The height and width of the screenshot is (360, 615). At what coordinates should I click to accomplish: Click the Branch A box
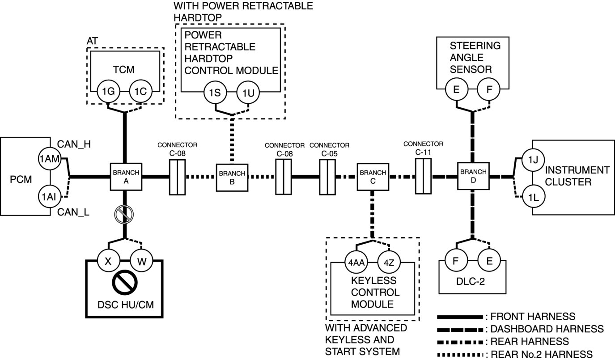click(126, 177)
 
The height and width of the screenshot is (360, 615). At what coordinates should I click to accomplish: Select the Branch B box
click(232, 178)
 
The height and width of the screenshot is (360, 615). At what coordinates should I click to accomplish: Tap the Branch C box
click(373, 177)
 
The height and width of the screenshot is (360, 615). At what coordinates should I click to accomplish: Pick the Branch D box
click(473, 176)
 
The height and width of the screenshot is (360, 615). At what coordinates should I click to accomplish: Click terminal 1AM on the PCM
click(49, 159)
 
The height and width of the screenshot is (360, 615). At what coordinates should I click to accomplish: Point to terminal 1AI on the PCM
click(49, 197)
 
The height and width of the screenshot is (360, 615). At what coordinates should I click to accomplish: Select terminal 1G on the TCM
click(108, 91)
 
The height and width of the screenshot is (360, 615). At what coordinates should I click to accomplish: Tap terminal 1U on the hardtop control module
click(248, 93)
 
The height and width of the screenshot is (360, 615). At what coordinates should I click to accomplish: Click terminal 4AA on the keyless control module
click(356, 263)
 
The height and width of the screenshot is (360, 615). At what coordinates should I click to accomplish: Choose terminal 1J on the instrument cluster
click(533, 160)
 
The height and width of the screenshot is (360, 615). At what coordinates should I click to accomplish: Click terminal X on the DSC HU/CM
click(108, 261)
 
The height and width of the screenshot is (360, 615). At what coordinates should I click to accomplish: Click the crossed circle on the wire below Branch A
click(124, 214)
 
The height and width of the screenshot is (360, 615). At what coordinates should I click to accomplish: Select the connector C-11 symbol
click(423, 176)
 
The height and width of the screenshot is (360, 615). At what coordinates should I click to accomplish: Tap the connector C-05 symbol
click(327, 177)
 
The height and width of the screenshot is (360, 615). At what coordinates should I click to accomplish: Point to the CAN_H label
click(74, 144)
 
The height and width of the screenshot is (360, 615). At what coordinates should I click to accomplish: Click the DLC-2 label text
click(471, 281)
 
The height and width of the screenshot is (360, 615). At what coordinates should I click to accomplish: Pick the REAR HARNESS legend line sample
click(460, 342)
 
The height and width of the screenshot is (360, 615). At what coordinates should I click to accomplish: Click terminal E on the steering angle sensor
click(456, 89)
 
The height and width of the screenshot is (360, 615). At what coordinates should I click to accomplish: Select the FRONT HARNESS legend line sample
click(460, 317)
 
